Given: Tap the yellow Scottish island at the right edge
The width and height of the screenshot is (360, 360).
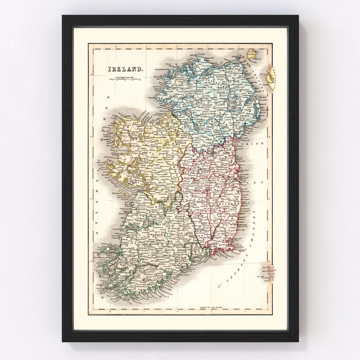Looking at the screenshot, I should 272,78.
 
